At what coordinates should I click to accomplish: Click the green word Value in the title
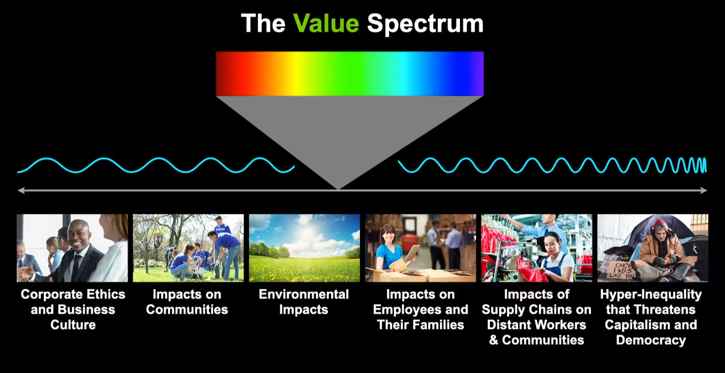(326, 23)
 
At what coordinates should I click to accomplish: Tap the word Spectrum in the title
(425, 24)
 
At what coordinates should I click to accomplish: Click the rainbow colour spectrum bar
(349, 73)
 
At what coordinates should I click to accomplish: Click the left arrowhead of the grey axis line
(21, 191)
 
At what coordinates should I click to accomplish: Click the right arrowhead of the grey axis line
(703, 191)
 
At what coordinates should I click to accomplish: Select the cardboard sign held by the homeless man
(620, 270)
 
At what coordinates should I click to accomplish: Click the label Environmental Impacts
(304, 302)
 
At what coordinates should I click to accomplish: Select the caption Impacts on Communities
(187, 302)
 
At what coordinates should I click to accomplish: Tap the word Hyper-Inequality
(651, 294)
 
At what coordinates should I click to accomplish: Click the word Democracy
(651, 340)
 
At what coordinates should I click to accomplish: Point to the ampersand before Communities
(493, 340)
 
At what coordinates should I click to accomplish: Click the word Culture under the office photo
(73, 325)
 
